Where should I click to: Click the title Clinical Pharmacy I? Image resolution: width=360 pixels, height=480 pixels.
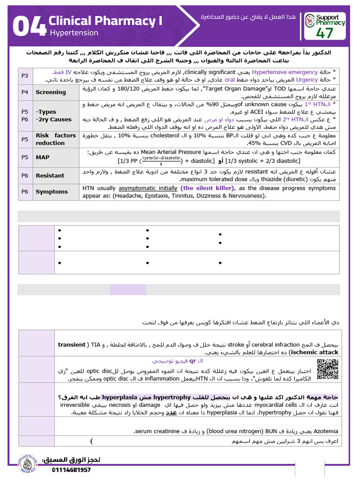pyautogui.click(x=102, y=21)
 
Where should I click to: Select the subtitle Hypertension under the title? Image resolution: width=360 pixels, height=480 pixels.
pyautogui.click(x=74, y=33)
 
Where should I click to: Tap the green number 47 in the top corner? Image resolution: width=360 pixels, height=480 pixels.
pyautogui.click(x=325, y=33)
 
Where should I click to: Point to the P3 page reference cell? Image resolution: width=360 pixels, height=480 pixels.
pyautogui.click(x=25, y=76)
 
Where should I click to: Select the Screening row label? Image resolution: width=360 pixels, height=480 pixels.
pyautogui.click(x=51, y=92)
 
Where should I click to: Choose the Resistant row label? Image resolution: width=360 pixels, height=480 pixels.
pyautogui.click(x=50, y=175)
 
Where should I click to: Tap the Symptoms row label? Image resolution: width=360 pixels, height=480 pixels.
pyautogui.click(x=52, y=192)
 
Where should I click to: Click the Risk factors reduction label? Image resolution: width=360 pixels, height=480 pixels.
pyautogui.click(x=56, y=139)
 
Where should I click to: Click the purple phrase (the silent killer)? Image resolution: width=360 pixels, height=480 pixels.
pyautogui.click(x=205, y=188)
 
